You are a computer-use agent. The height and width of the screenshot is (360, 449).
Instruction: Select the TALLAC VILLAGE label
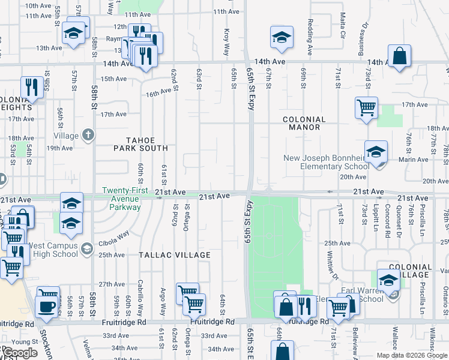(x=175, y=255)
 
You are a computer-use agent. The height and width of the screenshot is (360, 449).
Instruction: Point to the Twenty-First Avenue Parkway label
(x=121, y=199)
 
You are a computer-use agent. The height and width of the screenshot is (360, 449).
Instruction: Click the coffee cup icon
(x=47, y=306)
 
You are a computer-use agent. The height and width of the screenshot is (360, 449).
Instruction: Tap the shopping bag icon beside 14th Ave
(x=399, y=56)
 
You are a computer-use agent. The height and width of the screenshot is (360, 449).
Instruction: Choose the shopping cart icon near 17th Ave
(x=366, y=108)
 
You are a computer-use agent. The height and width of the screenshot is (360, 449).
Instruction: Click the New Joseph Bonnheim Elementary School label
(x=327, y=163)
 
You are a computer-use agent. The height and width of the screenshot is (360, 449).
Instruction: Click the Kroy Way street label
(x=227, y=35)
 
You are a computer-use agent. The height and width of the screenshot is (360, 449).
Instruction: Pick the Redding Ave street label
(x=310, y=37)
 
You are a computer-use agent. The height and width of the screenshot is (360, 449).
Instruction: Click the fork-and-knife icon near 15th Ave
(x=30, y=86)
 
